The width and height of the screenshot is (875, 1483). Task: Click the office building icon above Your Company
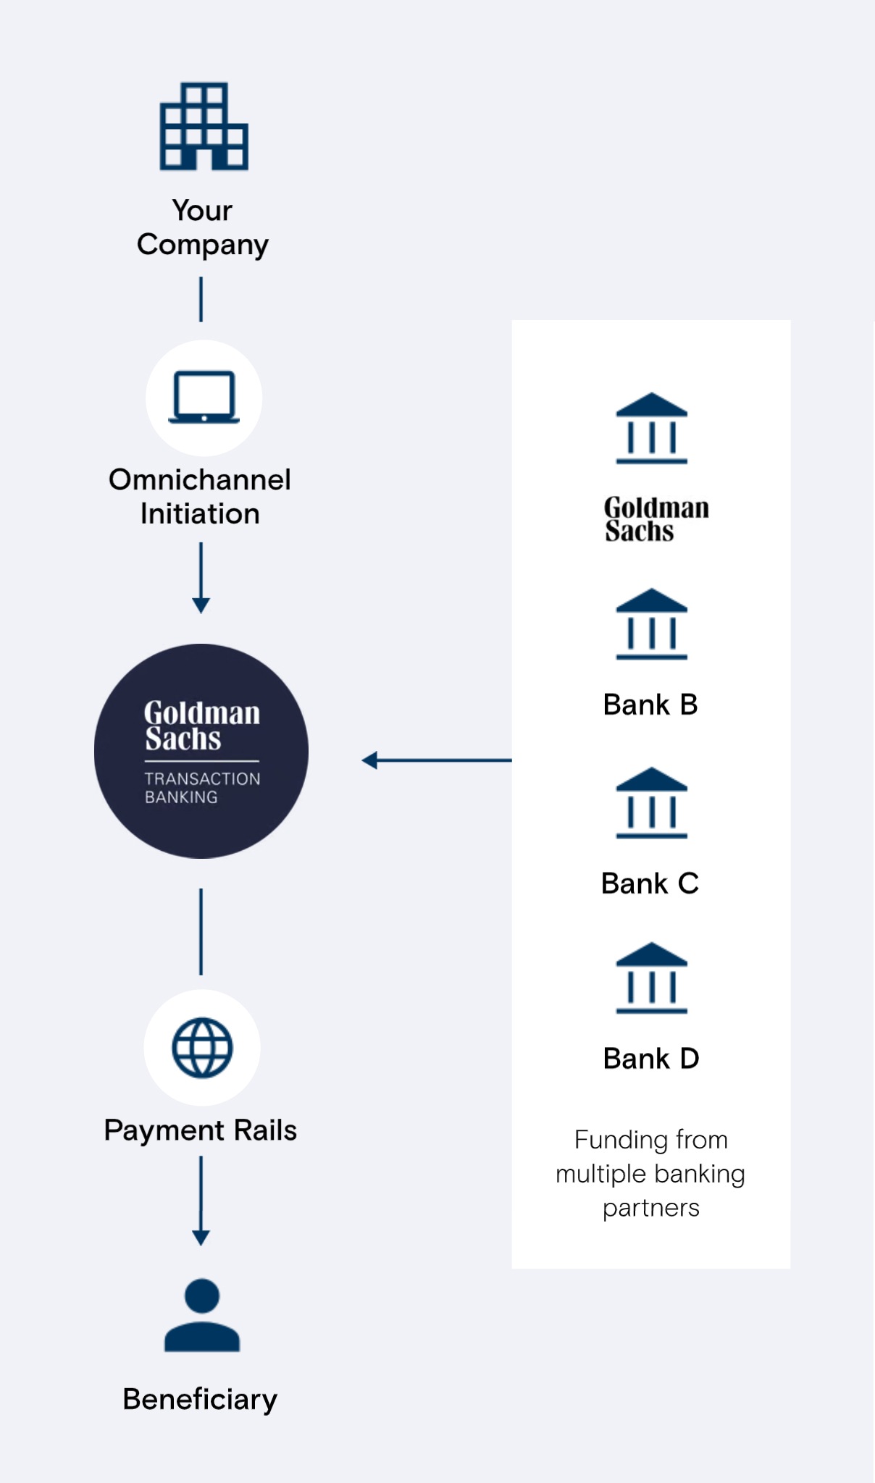pyautogui.click(x=204, y=126)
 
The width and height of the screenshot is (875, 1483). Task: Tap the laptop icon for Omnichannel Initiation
pyautogui.click(x=204, y=397)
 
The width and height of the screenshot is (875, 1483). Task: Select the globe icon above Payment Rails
pyautogui.click(x=202, y=1047)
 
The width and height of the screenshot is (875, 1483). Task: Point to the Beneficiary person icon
pyautogui.click(x=202, y=1315)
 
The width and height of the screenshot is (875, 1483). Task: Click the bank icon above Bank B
pyautogui.click(x=651, y=623)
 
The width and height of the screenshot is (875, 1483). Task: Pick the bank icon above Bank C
pyautogui.click(x=651, y=802)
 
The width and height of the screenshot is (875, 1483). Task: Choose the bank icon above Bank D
pyautogui.click(x=651, y=978)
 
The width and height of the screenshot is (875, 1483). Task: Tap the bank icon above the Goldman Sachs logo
pyautogui.click(x=651, y=428)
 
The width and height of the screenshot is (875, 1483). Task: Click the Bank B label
pyautogui.click(x=650, y=705)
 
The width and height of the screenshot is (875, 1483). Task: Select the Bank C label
pyautogui.click(x=650, y=883)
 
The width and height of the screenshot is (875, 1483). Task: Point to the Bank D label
pyautogui.click(x=651, y=1059)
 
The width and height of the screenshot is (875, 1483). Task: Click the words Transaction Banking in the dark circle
pyautogui.click(x=202, y=788)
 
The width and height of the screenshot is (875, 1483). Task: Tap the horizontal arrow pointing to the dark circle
pyautogui.click(x=437, y=760)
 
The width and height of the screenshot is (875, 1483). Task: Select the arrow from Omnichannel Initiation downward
pyautogui.click(x=201, y=578)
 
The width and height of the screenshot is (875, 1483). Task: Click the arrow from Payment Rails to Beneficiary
pyautogui.click(x=201, y=1201)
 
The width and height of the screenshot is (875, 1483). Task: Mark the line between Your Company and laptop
pyautogui.click(x=201, y=300)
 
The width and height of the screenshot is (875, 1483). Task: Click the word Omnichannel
pyautogui.click(x=200, y=479)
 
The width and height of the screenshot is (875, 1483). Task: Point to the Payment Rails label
pyautogui.click(x=201, y=1130)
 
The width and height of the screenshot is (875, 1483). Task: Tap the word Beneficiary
pyautogui.click(x=200, y=1400)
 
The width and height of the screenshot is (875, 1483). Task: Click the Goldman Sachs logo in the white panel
pyautogui.click(x=656, y=519)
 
